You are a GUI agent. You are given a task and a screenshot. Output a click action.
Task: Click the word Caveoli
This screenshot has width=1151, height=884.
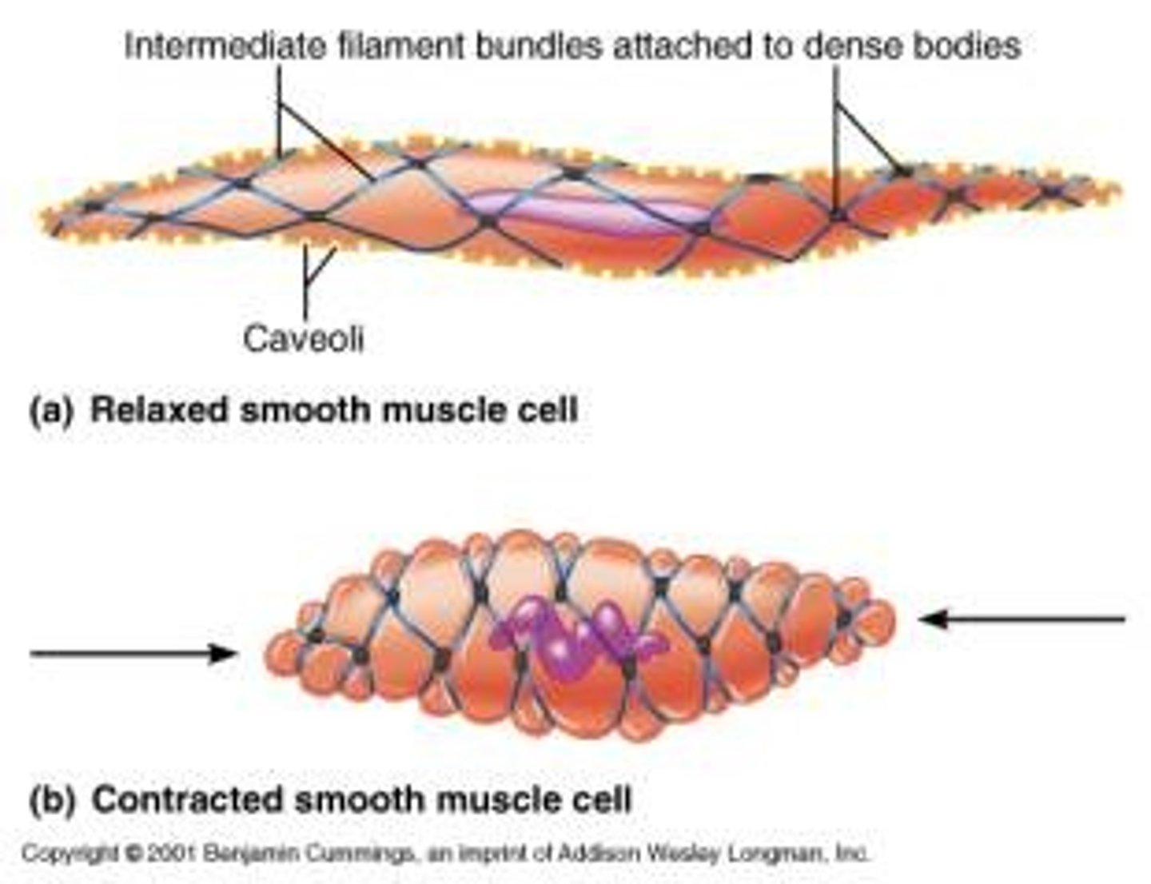(304, 338)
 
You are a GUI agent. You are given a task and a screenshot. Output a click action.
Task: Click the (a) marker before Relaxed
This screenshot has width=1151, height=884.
(50, 410)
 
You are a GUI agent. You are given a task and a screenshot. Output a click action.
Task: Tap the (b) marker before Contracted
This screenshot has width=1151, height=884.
(51, 799)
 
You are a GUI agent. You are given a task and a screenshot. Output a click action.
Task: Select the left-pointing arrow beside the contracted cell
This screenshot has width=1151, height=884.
(1023, 619)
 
